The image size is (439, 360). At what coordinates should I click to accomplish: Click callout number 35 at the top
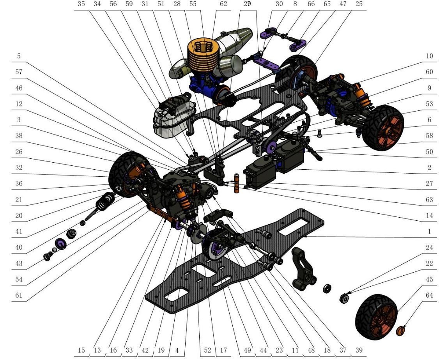click(81, 4)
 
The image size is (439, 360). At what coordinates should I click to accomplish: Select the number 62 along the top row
click(223, 4)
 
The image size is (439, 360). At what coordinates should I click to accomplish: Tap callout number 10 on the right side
click(429, 56)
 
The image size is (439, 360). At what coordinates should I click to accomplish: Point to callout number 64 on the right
click(429, 296)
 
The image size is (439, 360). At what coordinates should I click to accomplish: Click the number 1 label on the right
click(429, 232)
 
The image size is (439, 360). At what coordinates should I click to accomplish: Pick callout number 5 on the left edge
click(19, 56)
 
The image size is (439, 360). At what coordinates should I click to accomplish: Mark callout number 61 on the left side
click(19, 296)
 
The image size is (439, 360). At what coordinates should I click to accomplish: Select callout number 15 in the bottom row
click(81, 351)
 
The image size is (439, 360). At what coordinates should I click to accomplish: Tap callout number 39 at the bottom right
click(358, 351)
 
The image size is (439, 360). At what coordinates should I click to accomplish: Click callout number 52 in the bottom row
click(207, 351)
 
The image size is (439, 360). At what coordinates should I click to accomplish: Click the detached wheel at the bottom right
click(376, 317)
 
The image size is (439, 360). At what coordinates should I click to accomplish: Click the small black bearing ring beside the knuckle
click(327, 289)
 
